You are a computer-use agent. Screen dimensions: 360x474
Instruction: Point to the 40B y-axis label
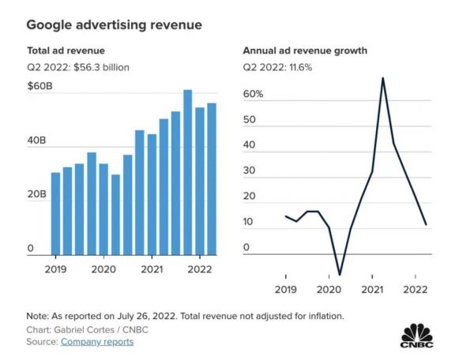click(37, 141)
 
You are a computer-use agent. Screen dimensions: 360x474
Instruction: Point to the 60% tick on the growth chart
click(254, 95)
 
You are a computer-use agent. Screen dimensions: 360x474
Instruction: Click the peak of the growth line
click(383, 77)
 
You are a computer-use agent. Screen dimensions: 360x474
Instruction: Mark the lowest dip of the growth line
click(340, 275)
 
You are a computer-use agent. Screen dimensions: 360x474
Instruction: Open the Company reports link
click(97, 342)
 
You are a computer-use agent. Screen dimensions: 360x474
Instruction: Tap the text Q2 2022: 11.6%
click(278, 67)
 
